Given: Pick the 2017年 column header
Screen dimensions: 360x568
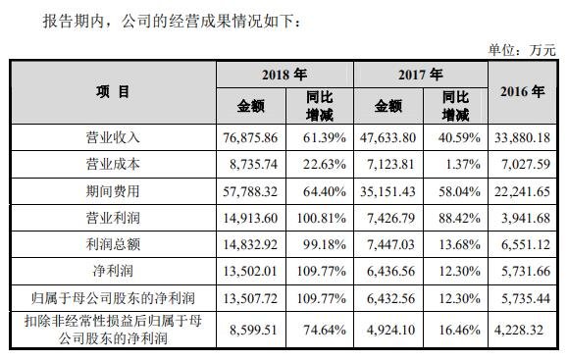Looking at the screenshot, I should coord(420,75).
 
